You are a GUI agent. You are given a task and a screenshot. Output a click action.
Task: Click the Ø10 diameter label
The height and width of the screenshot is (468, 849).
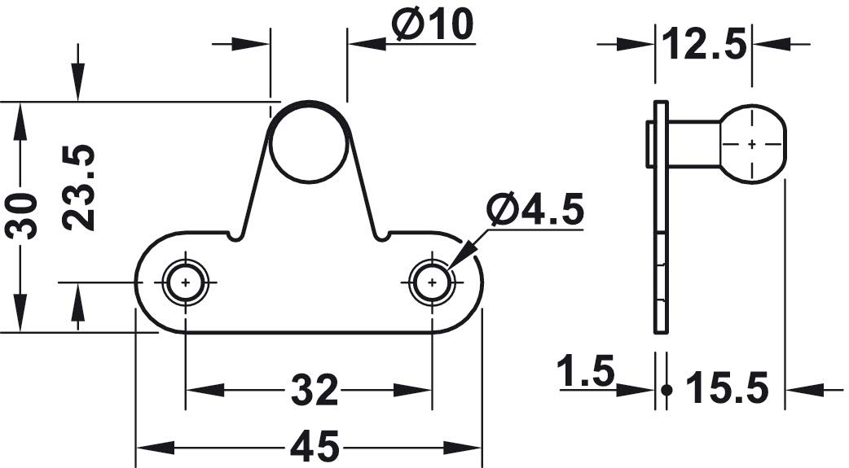click(433, 24)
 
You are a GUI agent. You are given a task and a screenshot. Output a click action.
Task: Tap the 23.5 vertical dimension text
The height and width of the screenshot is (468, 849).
click(78, 187)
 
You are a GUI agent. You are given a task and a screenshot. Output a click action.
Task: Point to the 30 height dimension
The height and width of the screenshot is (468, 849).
click(22, 216)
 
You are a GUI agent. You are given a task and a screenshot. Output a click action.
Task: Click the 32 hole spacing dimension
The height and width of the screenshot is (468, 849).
click(315, 390)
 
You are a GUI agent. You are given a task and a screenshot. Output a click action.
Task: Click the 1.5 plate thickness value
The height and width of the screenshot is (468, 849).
click(587, 371)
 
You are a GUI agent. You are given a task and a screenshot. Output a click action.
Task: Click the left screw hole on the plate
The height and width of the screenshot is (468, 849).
click(186, 282)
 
